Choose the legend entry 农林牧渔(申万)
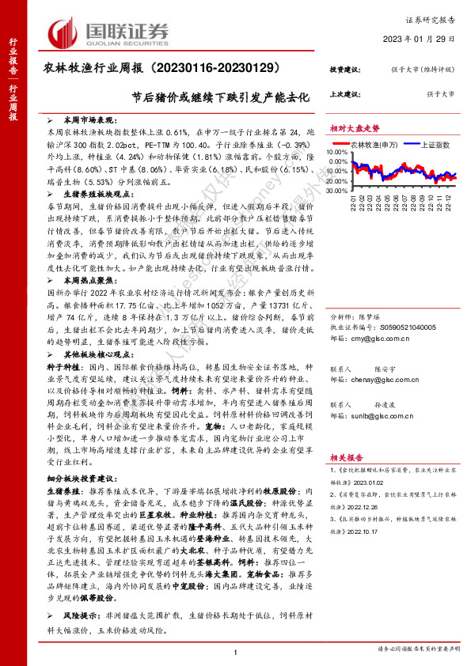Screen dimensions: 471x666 coord(369,146)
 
